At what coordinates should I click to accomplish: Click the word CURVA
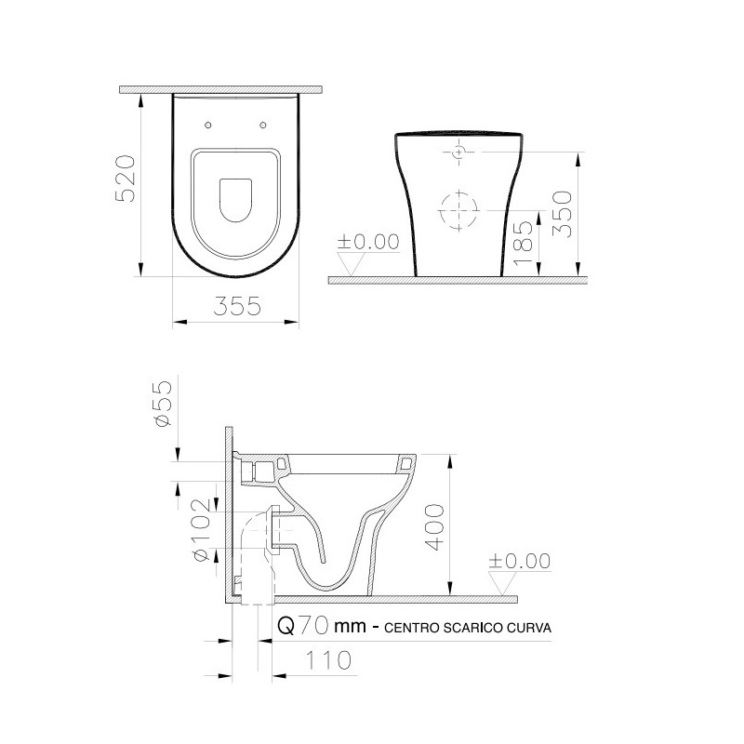[530, 628]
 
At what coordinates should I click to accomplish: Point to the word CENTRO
[408, 628]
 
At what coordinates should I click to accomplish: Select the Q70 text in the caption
[303, 627]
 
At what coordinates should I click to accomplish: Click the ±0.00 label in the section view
[520, 562]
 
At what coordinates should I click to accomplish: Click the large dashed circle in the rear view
[456, 209]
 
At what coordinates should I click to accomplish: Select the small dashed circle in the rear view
[459, 152]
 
